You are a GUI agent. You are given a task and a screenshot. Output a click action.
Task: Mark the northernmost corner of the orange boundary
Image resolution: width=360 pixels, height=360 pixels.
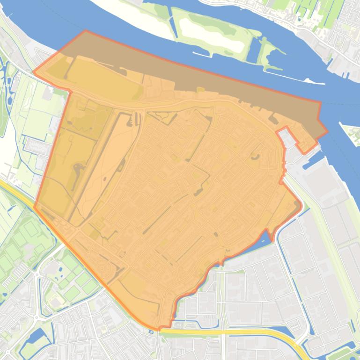85,31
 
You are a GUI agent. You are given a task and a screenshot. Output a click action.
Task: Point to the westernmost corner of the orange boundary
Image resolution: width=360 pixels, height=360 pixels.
34,73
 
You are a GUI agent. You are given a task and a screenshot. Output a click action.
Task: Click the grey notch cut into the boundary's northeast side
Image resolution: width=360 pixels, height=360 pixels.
288,138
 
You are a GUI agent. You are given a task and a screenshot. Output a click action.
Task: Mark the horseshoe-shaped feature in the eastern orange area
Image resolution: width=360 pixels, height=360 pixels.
256,158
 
